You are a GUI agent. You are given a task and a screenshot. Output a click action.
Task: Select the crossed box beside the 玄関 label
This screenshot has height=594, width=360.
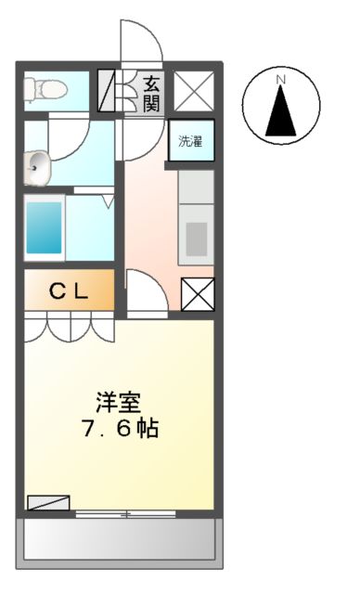(x=193, y=91)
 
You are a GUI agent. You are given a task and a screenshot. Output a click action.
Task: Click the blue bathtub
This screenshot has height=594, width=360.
(x=43, y=226)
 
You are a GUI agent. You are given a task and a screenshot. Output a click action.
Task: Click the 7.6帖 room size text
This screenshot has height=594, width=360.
(x=120, y=429)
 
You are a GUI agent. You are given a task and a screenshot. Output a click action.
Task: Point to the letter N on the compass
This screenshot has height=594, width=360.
(x=279, y=81)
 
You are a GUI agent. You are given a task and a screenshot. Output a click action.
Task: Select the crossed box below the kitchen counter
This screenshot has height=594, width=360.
(x=197, y=295)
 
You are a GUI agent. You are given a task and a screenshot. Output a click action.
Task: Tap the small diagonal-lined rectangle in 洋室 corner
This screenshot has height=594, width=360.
(x=48, y=502)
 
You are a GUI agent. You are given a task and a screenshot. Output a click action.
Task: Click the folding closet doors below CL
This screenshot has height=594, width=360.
(x=69, y=327)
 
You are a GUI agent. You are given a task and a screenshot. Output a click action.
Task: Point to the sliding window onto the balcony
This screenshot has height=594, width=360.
(x=124, y=512)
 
